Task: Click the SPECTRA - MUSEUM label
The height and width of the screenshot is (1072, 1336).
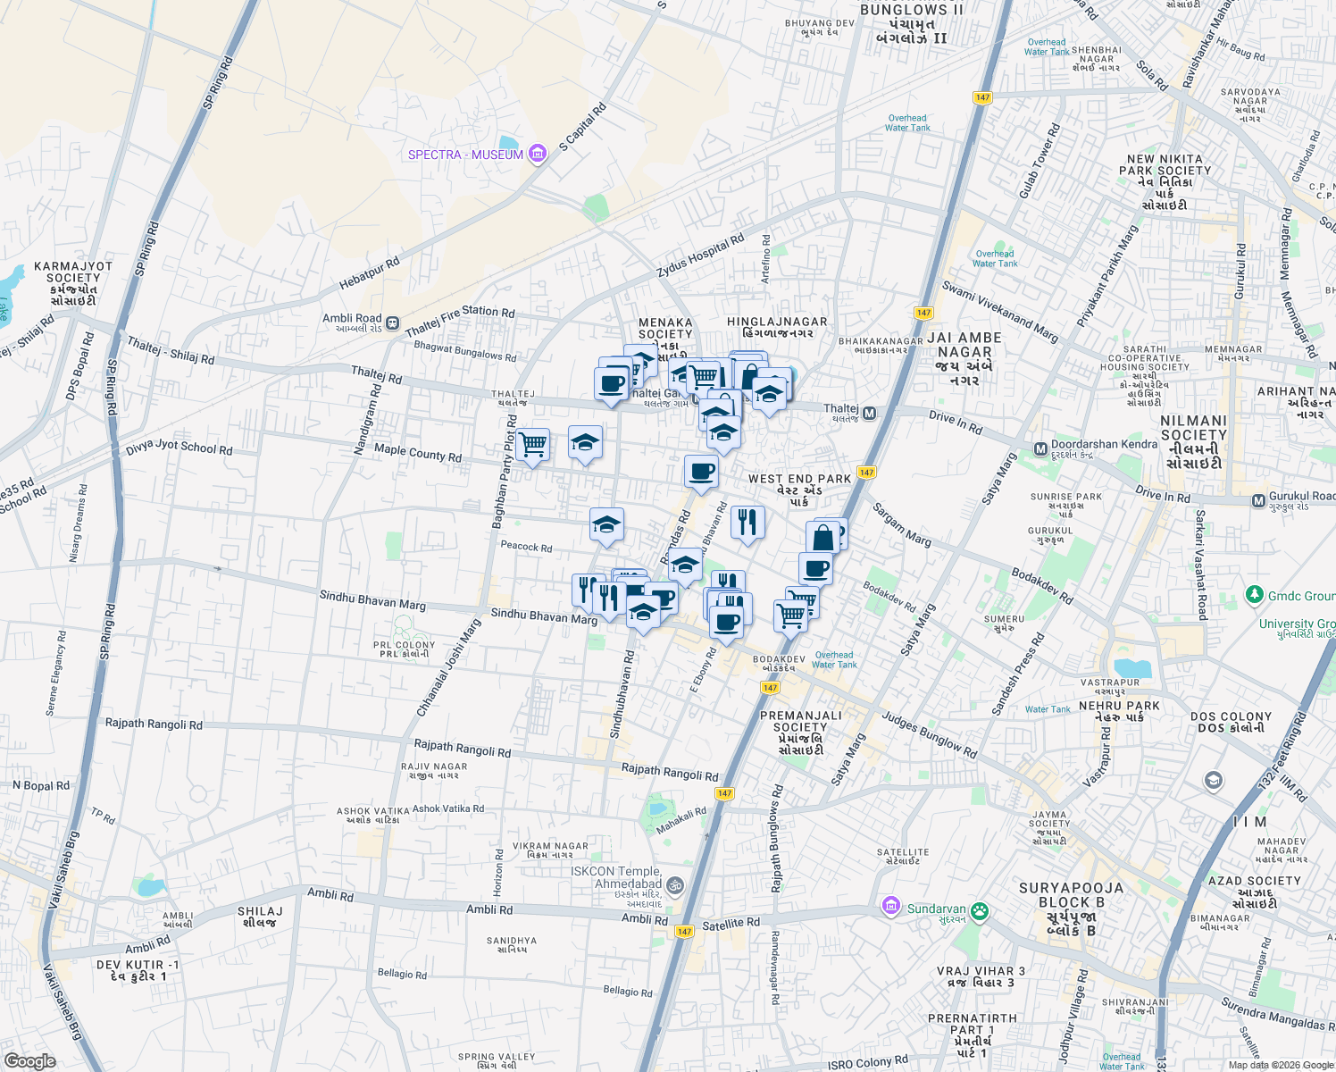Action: [x=465, y=155]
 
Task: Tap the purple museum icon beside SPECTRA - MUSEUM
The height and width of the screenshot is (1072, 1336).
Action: [x=537, y=155]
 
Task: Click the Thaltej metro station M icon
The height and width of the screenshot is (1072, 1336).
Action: [x=869, y=414]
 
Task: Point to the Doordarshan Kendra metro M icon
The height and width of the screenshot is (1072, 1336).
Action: [x=1040, y=448]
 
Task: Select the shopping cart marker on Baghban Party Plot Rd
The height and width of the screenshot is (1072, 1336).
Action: [x=532, y=444]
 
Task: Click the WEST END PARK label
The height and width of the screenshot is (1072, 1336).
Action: [x=799, y=479]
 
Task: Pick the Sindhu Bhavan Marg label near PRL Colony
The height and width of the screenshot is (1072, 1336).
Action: [x=372, y=599]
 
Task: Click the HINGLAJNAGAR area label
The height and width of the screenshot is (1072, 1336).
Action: [x=776, y=322]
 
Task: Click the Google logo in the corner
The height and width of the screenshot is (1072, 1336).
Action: [x=29, y=1061]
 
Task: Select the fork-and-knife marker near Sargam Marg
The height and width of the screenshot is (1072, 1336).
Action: [x=747, y=522]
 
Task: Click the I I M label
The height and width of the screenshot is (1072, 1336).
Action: [x=1249, y=822]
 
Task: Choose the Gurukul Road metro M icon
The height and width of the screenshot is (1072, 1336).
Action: [x=1258, y=500]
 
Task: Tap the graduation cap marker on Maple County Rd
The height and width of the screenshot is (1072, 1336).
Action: [x=585, y=442]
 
